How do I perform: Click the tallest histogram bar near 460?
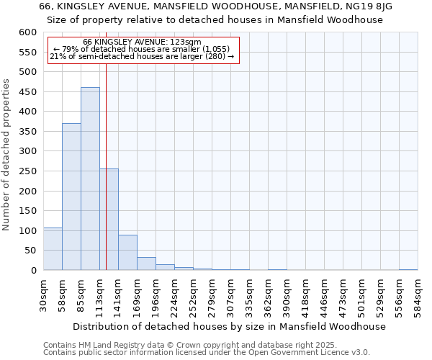tap(90, 179)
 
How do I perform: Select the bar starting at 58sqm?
tap(71, 197)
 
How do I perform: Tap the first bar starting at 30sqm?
tap(53, 248)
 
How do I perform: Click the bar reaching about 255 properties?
tap(109, 220)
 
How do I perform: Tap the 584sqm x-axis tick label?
tap(418, 295)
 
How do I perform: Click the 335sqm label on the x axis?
tap(250, 295)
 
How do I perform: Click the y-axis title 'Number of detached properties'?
tap(6, 155)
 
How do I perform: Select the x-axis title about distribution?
tap(230, 326)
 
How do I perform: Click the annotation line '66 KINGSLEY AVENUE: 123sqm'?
tap(142, 42)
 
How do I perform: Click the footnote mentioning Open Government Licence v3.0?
tap(207, 353)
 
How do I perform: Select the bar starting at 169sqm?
tap(146, 264)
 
